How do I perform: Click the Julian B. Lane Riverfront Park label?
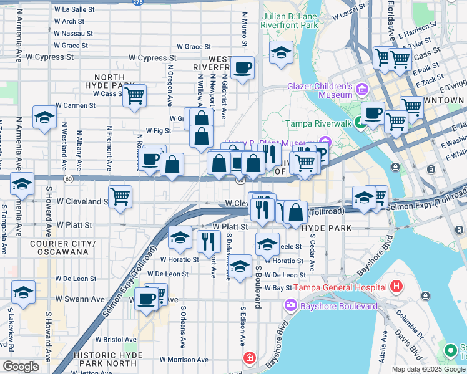click(290, 21)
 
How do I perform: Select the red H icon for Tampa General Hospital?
click(396, 287)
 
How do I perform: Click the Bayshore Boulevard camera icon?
click(290, 307)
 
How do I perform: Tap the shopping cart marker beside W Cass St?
click(134, 96)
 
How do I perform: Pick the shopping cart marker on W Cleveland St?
click(120, 196)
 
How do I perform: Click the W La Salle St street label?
click(74, 10)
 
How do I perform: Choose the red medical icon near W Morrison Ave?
click(250, 358)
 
